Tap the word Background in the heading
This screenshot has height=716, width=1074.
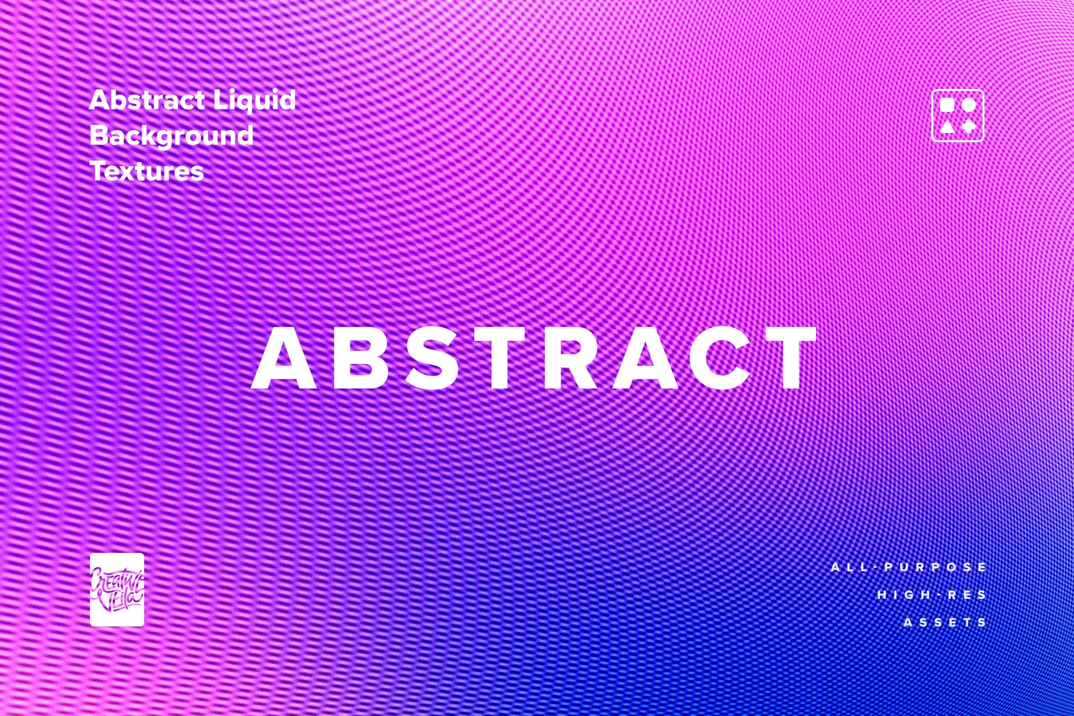[172, 135]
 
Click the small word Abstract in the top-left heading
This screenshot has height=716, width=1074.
[147, 99]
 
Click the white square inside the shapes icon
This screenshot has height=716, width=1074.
[947, 104]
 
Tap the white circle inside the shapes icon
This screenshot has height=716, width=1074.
[969, 104]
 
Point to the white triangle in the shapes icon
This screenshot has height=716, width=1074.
[947, 126]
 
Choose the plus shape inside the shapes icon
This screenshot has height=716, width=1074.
[969, 126]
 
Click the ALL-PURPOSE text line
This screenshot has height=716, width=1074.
[909, 567]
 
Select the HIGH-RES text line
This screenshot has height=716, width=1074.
[932, 595]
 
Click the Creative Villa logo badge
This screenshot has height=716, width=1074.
[117, 590]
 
